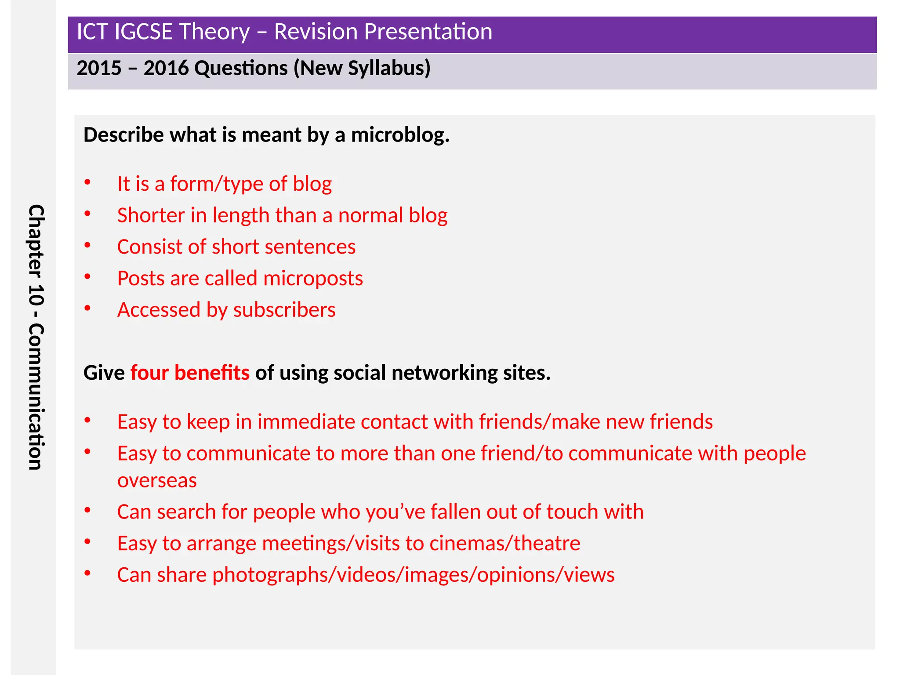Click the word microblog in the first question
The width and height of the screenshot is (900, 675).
(x=399, y=135)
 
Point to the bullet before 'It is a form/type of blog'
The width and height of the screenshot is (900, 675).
(x=87, y=182)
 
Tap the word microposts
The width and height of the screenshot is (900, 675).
(x=313, y=279)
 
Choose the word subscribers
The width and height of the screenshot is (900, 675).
(x=284, y=310)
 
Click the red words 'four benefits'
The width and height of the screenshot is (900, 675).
(x=190, y=373)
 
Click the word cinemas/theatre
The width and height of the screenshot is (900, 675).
(x=504, y=544)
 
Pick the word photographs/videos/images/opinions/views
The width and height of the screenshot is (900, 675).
(x=413, y=575)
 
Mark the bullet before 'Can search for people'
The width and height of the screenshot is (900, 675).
(x=87, y=510)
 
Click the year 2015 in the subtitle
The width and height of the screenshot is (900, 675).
(x=99, y=68)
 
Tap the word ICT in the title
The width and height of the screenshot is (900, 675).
(x=92, y=32)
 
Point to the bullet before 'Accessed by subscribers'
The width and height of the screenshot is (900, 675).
(x=87, y=308)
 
